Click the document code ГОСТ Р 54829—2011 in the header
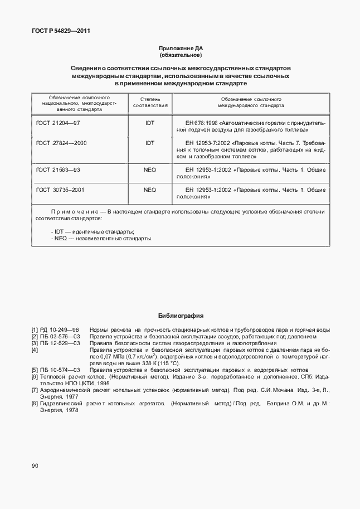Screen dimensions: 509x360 (61, 31)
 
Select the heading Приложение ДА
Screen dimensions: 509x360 (180, 49)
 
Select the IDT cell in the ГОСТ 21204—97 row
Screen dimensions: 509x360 (150, 122)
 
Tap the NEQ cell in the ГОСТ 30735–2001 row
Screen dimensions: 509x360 (150, 190)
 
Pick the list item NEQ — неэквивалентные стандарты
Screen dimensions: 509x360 (101, 238)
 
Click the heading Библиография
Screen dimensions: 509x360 (180, 315)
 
